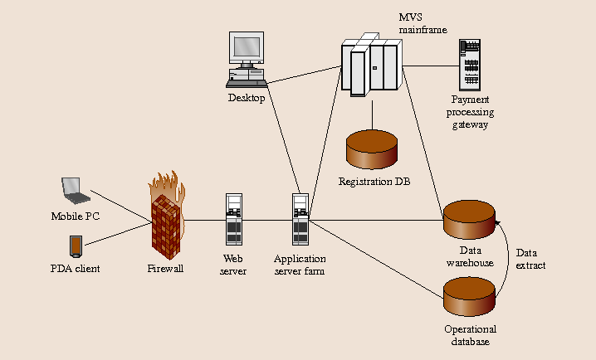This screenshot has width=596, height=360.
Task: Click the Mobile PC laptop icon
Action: click(x=76, y=191)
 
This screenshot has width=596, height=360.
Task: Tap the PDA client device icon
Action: click(x=76, y=246)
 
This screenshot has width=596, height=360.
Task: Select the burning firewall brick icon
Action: click(x=167, y=216)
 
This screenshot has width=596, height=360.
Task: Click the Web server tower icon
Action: click(x=234, y=220)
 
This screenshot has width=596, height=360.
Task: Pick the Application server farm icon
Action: click(x=300, y=220)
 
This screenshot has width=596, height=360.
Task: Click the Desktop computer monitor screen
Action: click(x=247, y=47)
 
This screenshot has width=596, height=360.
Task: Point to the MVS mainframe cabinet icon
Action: click(x=371, y=65)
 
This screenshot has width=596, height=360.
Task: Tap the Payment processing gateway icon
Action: click(x=470, y=65)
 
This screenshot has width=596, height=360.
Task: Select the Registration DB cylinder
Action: click(x=372, y=149)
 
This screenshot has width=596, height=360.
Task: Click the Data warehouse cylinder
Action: click(x=470, y=220)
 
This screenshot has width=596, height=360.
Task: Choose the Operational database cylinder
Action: click(x=470, y=297)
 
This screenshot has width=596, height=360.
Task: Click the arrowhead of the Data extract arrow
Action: click(x=496, y=223)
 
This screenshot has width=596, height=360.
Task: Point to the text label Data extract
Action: click(x=530, y=259)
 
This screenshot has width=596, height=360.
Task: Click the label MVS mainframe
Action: click(x=423, y=23)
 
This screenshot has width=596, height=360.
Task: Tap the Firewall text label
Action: click(x=165, y=269)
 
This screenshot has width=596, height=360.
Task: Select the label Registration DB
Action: click(x=374, y=182)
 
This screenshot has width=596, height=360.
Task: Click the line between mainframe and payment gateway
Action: click(x=431, y=66)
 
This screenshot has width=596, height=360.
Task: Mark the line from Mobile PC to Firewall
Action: click(x=121, y=206)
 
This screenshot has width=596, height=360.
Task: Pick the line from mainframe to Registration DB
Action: click(x=372, y=114)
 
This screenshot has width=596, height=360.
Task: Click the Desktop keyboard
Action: click(x=247, y=83)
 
